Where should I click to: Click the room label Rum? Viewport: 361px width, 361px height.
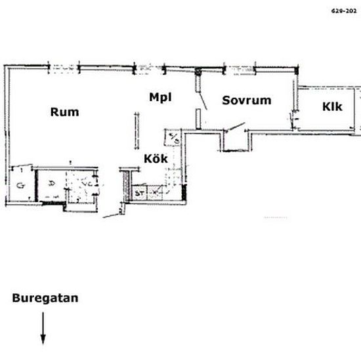(64, 112)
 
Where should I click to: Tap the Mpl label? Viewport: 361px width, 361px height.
(159, 97)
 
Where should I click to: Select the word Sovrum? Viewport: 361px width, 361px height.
(246, 100)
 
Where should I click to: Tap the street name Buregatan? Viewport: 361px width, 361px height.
(45, 298)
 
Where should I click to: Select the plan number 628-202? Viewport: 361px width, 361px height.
(345, 11)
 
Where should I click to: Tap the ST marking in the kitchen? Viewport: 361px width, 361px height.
(139, 193)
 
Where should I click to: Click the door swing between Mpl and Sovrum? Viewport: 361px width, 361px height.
(203, 98)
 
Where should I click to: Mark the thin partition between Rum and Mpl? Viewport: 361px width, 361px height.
(138, 131)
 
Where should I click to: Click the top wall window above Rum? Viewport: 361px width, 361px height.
(64, 66)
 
